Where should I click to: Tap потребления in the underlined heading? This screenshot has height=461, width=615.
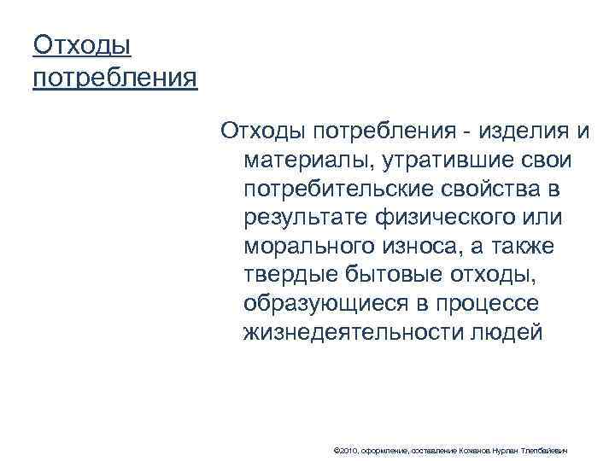(x=114, y=79)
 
